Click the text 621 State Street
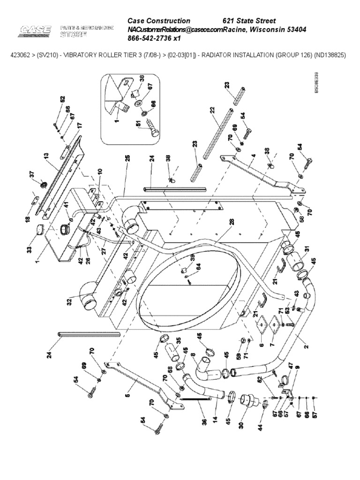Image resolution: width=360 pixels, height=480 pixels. click(249, 21)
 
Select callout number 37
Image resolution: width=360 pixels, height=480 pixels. click(32, 174)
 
